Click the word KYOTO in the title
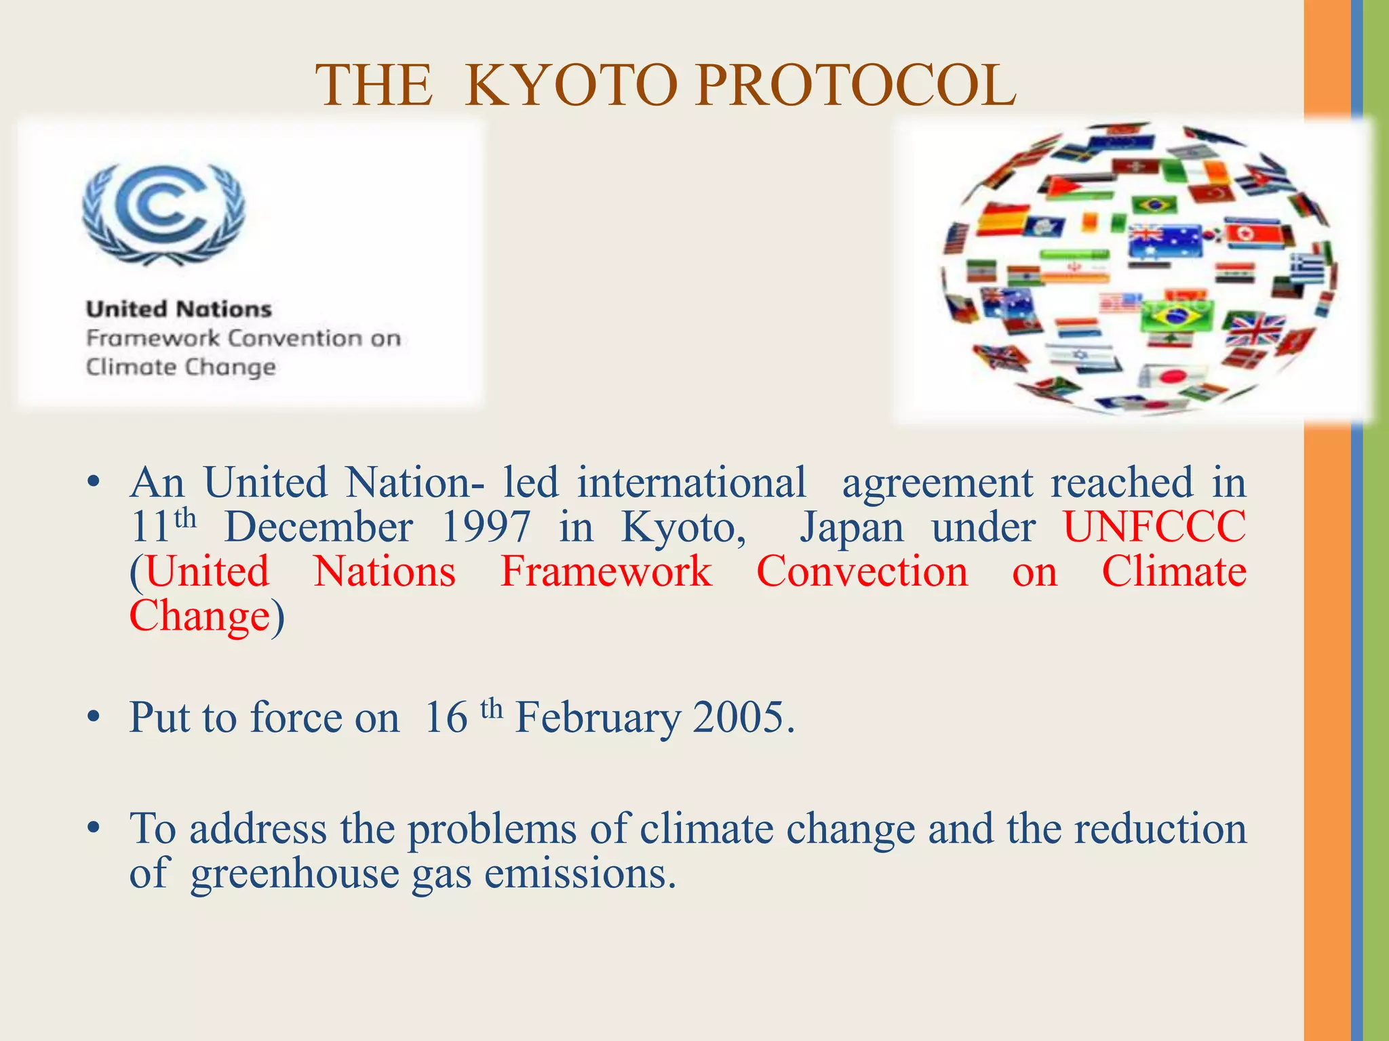[x=571, y=86]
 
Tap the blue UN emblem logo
[x=163, y=213]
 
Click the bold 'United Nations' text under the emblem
[x=179, y=309]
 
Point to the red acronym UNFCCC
[x=1154, y=527]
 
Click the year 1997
[x=486, y=527]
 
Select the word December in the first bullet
[x=318, y=527]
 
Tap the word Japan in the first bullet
[x=851, y=527]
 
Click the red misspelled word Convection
[x=862, y=571]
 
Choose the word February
[x=597, y=717]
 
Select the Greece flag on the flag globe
[x=1308, y=268]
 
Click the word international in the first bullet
[x=692, y=483]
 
